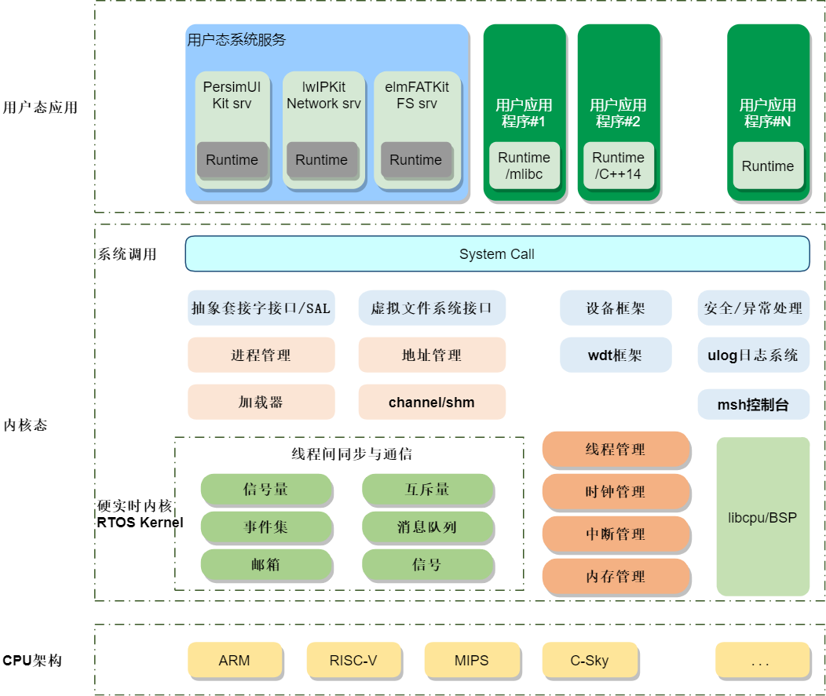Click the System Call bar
coord(497,254)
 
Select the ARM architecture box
coord(234,660)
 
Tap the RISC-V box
coord(353,660)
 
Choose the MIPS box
coord(471,660)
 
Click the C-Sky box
coord(589,660)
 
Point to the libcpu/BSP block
coord(762,517)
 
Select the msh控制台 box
coord(753,405)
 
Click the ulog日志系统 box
coord(753,355)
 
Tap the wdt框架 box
coord(616,355)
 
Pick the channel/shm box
coord(432,403)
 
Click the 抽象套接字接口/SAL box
coord(261,308)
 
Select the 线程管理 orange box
coord(616,449)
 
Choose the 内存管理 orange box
coord(616,576)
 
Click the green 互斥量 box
coord(427,489)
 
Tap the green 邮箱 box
coord(265,564)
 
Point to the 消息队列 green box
coord(427,527)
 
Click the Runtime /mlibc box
coord(524,166)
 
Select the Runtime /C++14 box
coord(618,166)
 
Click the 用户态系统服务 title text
coord(236,40)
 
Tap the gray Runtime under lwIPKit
coord(321,160)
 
